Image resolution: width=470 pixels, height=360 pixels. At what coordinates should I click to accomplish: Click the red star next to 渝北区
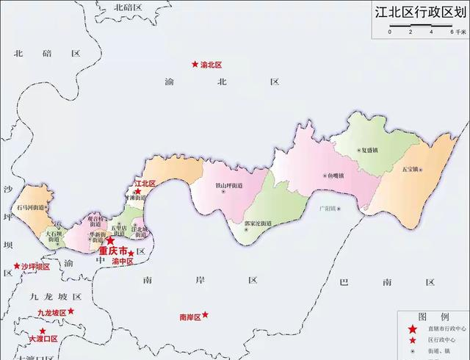195,64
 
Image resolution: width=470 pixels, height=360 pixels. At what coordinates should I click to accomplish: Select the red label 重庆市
112,251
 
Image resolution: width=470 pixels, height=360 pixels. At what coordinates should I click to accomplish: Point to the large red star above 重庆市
109,240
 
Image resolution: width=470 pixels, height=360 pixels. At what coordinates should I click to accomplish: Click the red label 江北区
145,183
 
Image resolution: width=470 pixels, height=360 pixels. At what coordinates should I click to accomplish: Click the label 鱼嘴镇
337,176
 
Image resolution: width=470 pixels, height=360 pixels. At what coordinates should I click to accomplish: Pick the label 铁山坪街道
229,185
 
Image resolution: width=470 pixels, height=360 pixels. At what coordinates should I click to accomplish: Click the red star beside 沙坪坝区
16,266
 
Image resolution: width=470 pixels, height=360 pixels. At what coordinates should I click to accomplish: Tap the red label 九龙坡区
52,313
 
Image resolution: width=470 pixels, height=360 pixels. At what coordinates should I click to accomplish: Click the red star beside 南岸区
205,314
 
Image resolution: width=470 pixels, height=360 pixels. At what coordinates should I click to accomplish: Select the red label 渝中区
121,262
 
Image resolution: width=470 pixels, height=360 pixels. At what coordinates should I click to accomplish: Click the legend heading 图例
428,316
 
